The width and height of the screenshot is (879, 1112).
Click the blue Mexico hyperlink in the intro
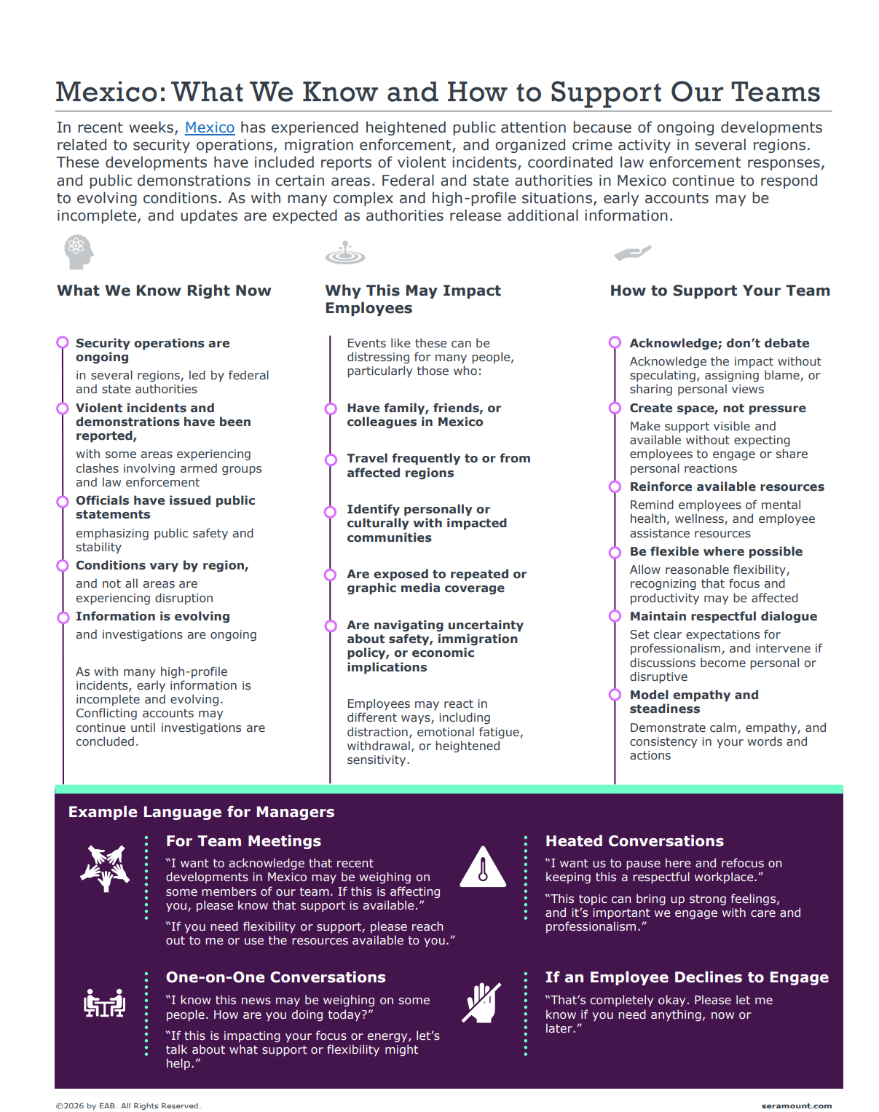tap(210, 127)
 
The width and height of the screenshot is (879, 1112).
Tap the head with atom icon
tap(78, 252)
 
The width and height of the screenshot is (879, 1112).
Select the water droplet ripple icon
tap(345, 253)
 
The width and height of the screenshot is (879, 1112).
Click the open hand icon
tap(632, 253)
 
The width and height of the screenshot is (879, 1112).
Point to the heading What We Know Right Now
tap(164, 291)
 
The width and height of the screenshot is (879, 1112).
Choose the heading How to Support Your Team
tap(720, 291)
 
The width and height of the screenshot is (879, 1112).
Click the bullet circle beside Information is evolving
tap(63, 617)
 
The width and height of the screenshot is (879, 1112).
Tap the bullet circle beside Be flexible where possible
tap(615, 552)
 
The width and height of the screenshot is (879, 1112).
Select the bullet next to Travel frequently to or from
tap(331, 460)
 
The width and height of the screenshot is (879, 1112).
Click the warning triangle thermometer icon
tap(482, 867)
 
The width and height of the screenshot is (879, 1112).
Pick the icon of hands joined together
tap(105, 867)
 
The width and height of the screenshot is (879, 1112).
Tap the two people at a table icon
tap(105, 1003)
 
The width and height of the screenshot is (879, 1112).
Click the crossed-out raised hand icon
tap(482, 1003)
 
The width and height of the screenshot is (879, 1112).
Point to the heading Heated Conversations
tap(634, 841)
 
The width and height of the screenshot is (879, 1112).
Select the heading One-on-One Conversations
tap(275, 977)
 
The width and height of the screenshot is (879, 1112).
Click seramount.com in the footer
tap(796, 1105)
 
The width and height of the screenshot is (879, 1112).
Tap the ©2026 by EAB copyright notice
tap(128, 1105)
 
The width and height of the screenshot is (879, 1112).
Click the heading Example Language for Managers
tap(201, 812)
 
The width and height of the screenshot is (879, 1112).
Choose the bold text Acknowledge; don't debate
tap(719, 343)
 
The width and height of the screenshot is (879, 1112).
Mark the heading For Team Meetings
tap(243, 841)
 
